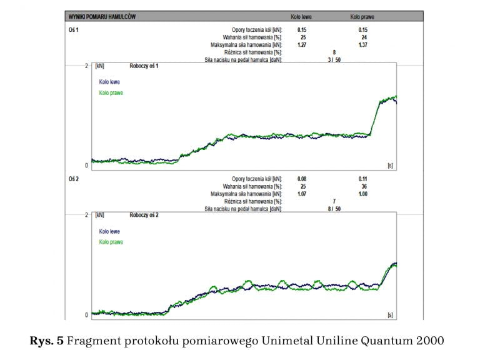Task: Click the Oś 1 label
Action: [73, 29]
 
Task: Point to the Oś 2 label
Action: [73, 179]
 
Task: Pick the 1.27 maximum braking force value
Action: [301, 45]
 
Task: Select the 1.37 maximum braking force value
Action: [362, 45]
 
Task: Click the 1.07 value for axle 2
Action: [301, 194]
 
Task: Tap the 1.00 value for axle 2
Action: [362, 194]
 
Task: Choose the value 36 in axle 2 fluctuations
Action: [363, 186]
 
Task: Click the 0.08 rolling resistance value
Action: [301, 179]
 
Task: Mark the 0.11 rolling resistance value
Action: [362, 179]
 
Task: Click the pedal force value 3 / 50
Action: [334, 60]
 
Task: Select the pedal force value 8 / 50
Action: [334, 209]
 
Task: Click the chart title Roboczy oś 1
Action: [144, 66]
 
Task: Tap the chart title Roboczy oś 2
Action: [144, 215]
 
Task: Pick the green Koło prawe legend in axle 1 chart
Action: [111, 92]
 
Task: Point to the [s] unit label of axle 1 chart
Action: [390, 166]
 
